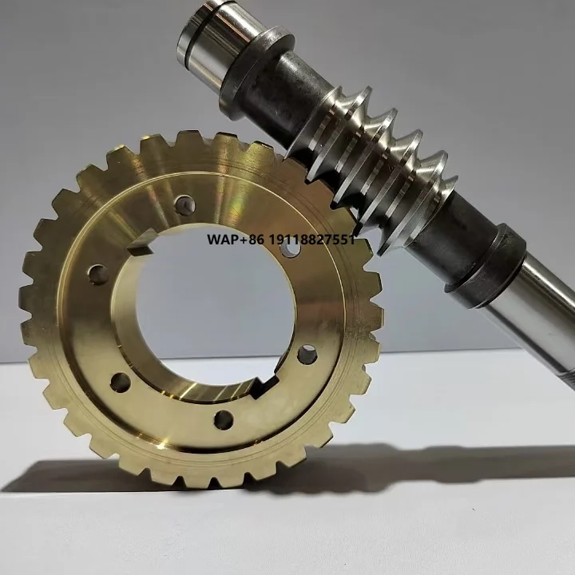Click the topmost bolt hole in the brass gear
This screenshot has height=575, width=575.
[184, 206]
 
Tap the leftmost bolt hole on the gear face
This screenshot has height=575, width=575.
[98, 276]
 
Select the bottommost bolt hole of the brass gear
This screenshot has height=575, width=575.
[224, 418]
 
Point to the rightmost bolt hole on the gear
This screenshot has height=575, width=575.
[307, 355]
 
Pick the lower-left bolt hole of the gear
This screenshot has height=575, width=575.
[120, 382]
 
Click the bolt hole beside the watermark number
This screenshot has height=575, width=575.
[291, 248]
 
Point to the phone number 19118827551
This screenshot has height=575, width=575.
[311, 240]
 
